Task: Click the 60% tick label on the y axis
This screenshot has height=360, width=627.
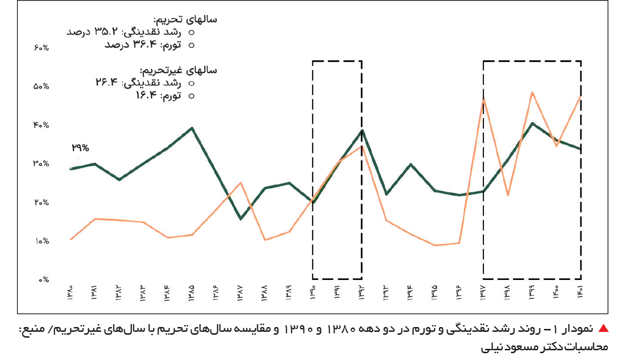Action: point(41,48)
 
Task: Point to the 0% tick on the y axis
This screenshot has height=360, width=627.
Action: point(44,279)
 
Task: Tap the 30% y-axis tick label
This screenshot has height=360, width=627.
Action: point(41,164)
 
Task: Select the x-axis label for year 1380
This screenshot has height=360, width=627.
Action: point(70,293)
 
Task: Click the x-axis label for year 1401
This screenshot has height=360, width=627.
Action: point(579,292)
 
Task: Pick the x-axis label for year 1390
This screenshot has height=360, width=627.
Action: point(313,293)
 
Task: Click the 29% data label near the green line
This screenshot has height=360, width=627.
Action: point(80,147)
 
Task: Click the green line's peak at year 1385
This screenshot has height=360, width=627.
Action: point(192,128)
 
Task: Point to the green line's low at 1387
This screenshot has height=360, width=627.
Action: point(241,219)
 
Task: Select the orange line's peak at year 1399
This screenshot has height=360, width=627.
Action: point(532,93)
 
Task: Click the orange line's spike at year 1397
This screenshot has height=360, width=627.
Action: point(483,99)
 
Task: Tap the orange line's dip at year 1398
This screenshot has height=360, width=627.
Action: point(508,195)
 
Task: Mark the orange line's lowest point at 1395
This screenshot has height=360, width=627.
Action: point(435,245)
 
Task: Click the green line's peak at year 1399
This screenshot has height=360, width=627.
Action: point(532,124)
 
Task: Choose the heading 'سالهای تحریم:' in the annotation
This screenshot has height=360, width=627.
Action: point(185,19)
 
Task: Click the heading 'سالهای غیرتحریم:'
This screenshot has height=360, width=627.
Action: point(178,70)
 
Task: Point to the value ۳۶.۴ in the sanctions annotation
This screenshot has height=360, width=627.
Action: point(145,44)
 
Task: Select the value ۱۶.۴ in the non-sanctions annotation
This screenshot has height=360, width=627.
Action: point(146,95)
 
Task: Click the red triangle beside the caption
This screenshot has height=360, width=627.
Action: point(603,328)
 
